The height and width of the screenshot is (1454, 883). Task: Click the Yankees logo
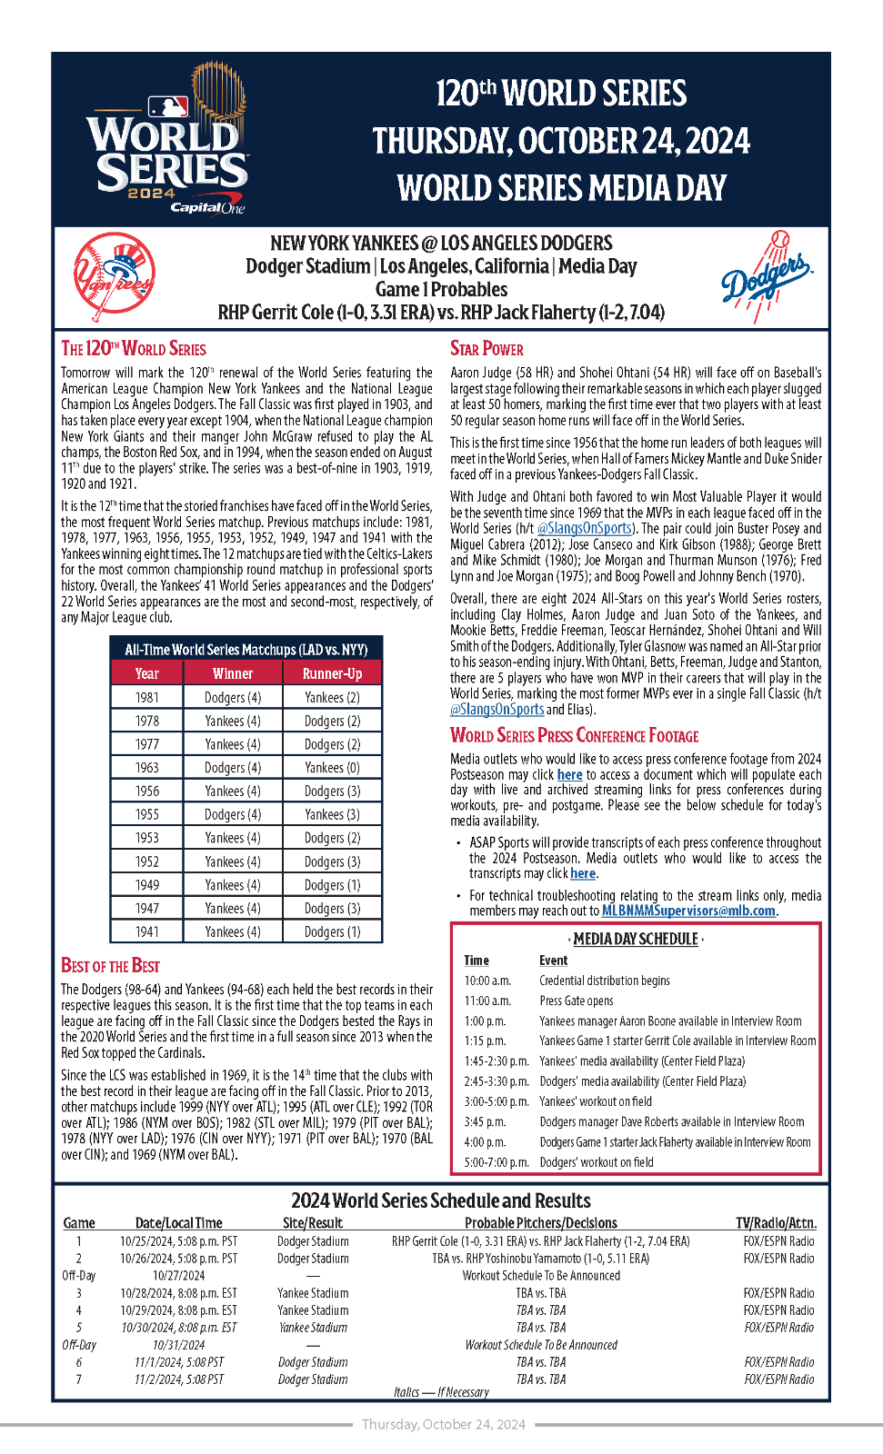[115, 276]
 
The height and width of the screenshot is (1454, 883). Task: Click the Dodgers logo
[766, 277]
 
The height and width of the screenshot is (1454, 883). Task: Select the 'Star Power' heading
[487, 349]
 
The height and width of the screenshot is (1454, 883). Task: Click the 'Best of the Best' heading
[110, 966]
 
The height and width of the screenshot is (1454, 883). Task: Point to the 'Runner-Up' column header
[332, 673]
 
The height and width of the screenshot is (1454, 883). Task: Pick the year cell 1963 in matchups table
[147, 768]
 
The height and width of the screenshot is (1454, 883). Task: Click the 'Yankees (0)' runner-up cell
[332, 768]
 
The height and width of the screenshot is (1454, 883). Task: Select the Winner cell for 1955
[233, 814]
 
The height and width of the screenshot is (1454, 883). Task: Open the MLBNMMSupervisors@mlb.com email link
[688, 911]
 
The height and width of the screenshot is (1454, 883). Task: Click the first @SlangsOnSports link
[584, 528]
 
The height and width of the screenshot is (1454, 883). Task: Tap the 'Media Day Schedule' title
[636, 939]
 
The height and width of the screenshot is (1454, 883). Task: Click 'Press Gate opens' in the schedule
[577, 1001]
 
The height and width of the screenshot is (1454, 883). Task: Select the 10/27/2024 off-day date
[178, 1276]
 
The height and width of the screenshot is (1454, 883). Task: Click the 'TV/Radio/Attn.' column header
[776, 1223]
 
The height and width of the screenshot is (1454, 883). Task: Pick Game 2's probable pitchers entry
[540, 1259]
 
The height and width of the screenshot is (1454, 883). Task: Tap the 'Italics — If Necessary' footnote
[441, 1392]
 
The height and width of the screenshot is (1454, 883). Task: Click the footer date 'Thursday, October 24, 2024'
[443, 1424]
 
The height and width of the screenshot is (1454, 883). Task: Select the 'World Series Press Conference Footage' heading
[574, 736]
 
